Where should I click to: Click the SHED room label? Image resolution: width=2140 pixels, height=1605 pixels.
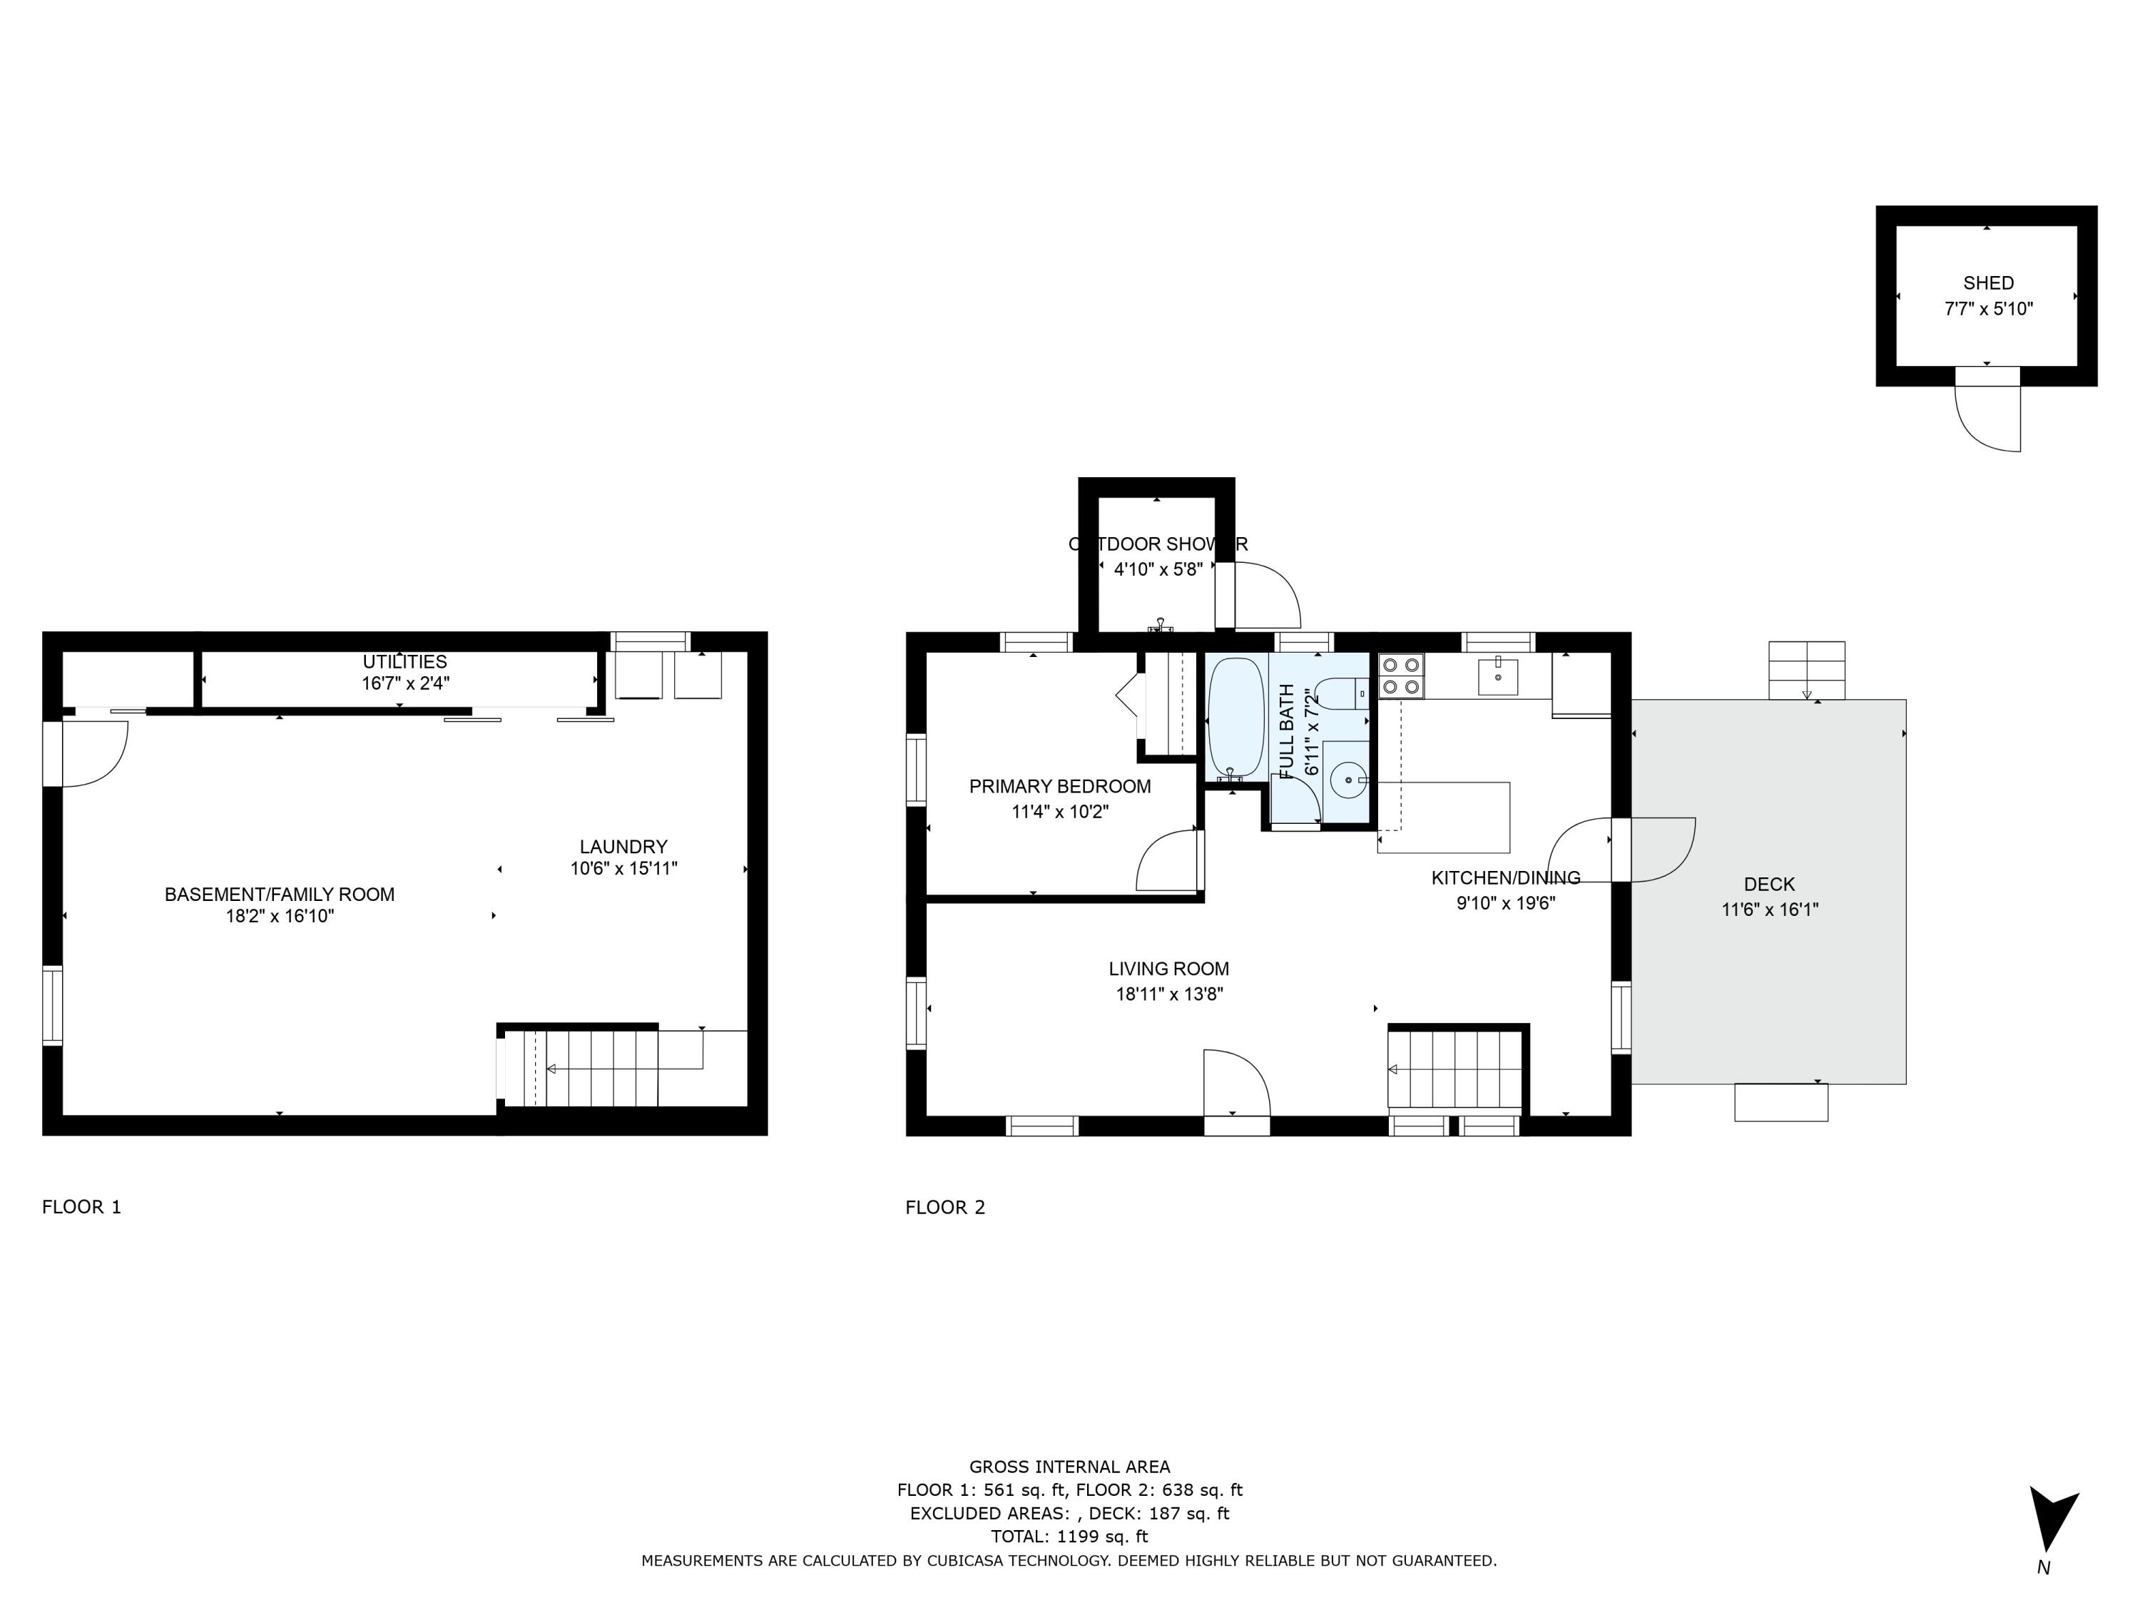pyautogui.click(x=1988, y=283)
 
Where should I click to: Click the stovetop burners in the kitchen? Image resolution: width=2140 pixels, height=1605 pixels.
pyautogui.click(x=1402, y=676)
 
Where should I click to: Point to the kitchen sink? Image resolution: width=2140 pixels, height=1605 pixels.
pyautogui.click(x=1497, y=676)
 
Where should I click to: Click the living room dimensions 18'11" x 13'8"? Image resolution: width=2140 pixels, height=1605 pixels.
pyautogui.click(x=1168, y=994)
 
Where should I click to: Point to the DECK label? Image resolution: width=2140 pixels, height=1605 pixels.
pyautogui.click(x=1768, y=883)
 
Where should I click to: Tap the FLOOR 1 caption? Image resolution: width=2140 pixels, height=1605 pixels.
pyautogui.click(x=81, y=1206)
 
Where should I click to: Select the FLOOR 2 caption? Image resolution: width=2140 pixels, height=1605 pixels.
pyautogui.click(x=944, y=1206)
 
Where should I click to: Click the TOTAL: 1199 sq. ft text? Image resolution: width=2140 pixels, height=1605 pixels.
pyautogui.click(x=1069, y=1535)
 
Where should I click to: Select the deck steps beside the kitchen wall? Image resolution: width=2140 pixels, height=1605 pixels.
pyautogui.click(x=1806, y=670)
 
